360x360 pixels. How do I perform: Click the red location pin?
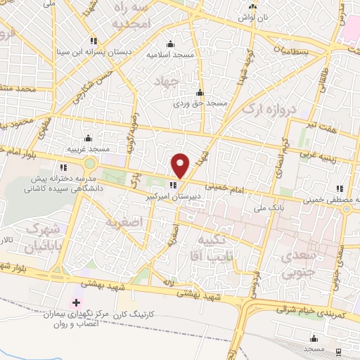[181, 165]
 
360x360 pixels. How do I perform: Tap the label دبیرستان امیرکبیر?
[174, 198]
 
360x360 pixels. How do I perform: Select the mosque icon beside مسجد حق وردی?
[200, 93]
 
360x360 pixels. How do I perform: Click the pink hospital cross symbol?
[77, 302]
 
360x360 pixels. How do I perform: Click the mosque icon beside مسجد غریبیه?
[88, 139]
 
